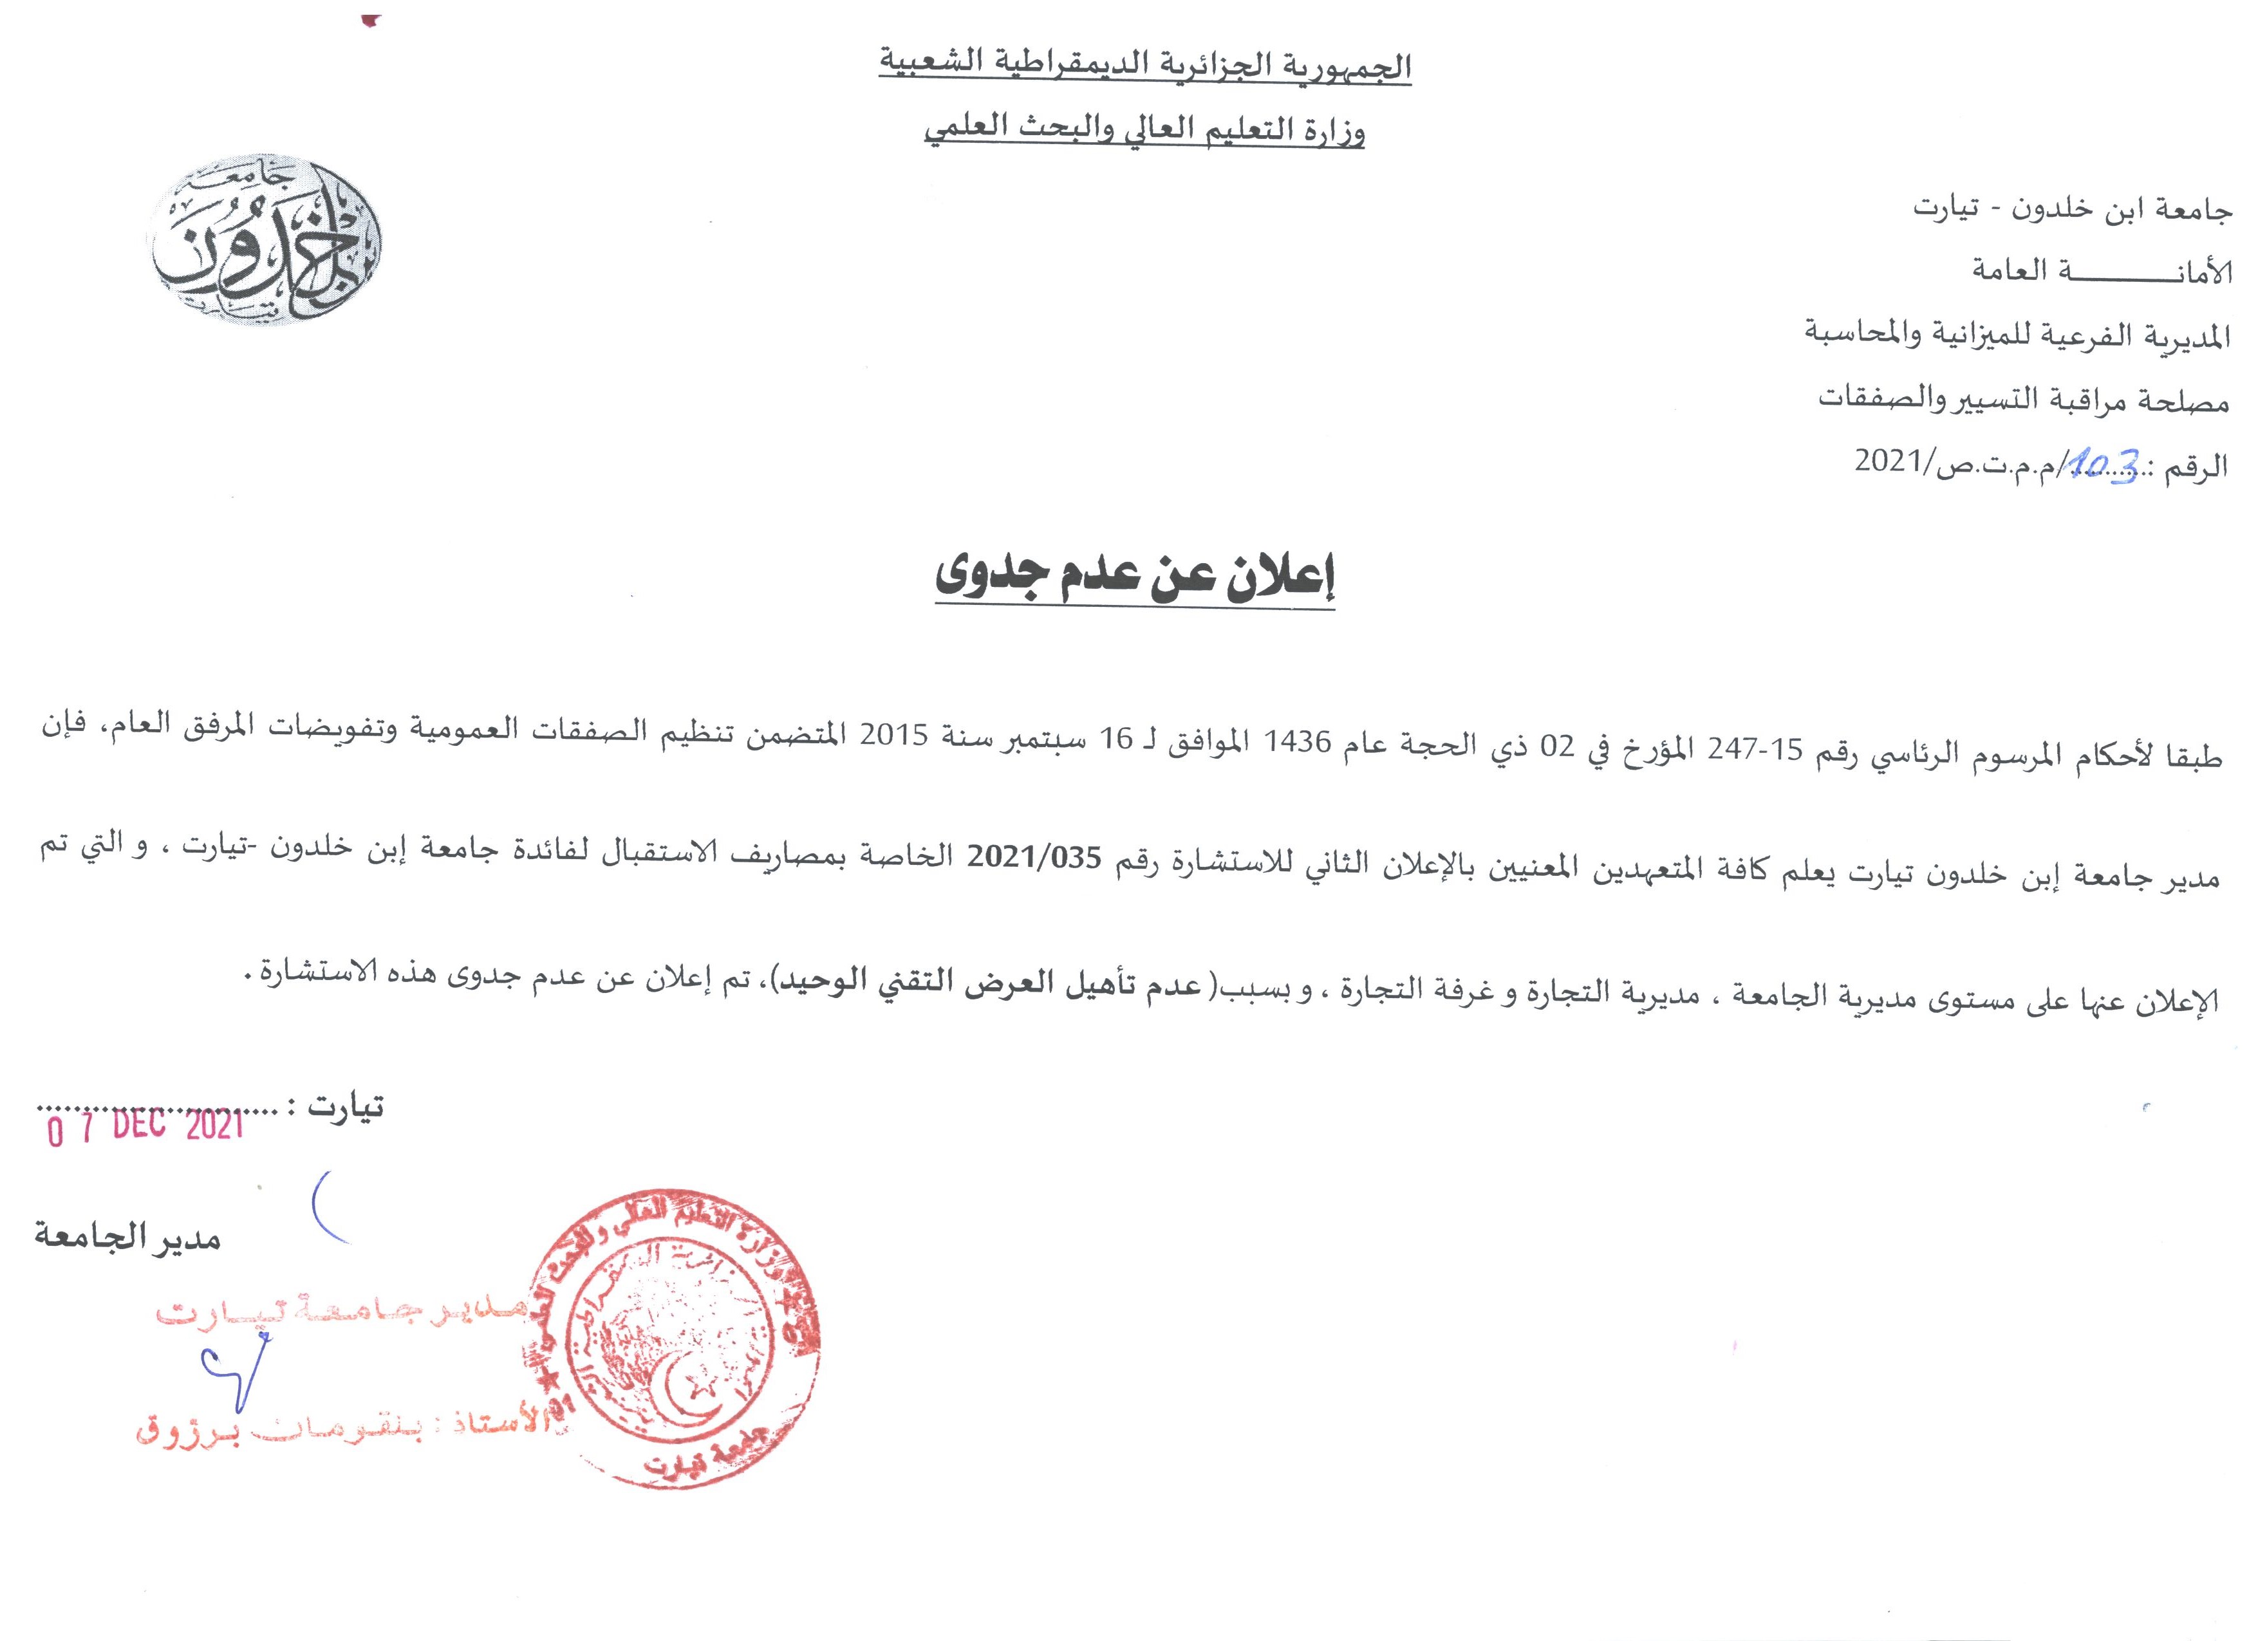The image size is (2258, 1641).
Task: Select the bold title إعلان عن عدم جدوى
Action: pos(1135,582)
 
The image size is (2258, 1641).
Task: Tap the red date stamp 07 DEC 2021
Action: pos(147,1127)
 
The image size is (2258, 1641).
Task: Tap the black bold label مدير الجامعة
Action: pos(127,1239)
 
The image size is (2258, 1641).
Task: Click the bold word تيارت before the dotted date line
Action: pos(346,1106)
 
